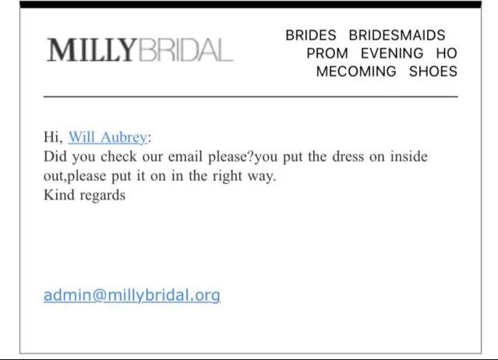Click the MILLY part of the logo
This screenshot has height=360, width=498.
(91, 50)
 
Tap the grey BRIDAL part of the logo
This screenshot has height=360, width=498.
(186, 50)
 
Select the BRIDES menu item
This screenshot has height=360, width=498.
(311, 35)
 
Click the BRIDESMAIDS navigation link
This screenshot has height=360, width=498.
(397, 35)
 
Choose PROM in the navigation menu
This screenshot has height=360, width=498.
(327, 53)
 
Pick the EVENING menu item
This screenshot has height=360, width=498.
(392, 53)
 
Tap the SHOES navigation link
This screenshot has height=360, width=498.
(433, 72)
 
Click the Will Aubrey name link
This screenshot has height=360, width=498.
(108, 137)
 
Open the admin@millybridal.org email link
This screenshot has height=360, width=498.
(132, 295)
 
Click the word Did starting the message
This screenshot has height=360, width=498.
(55, 157)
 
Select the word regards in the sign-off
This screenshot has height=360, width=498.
(103, 196)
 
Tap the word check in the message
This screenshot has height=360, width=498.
(118, 157)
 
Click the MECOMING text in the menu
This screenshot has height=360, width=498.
(356, 72)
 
